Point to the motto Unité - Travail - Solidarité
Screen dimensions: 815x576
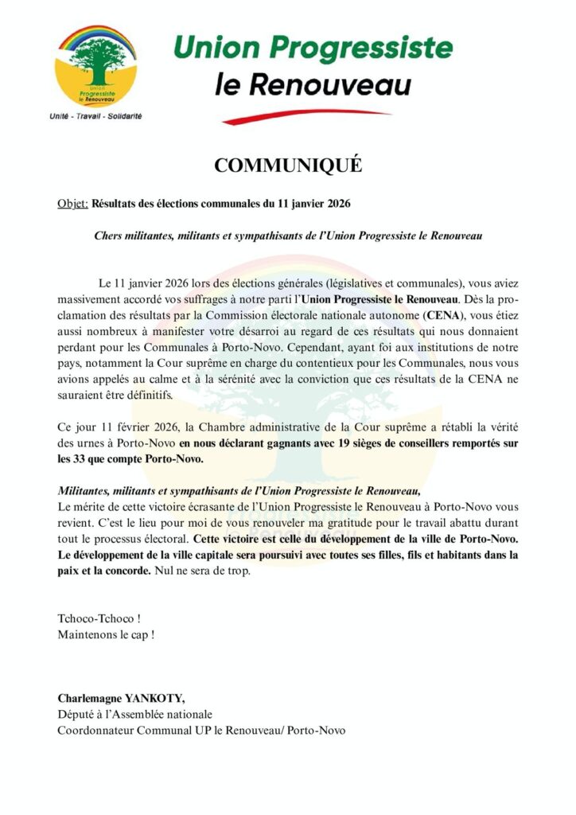tap(95, 116)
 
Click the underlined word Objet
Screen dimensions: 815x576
tap(72, 204)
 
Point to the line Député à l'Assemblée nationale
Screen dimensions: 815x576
tap(134, 715)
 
